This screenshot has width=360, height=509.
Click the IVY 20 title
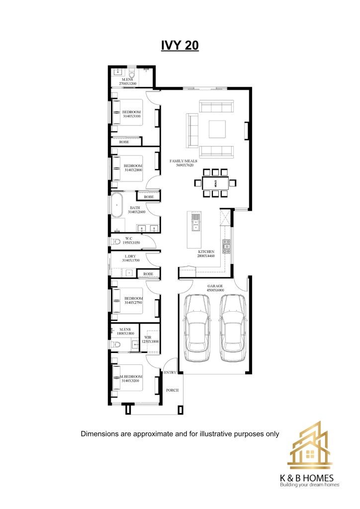coord(180,45)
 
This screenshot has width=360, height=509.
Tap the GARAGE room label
coord(215,286)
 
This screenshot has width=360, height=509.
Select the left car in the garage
coord(197,328)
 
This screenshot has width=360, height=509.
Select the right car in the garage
coord(232,328)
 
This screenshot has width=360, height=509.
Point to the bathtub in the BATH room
coord(116,205)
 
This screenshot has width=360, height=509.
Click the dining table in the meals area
coord(215,183)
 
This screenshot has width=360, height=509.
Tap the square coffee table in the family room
coord(217,129)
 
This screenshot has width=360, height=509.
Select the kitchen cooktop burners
coord(226,246)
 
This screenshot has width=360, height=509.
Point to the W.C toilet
coord(116,242)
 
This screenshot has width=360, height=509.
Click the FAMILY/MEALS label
coord(183,161)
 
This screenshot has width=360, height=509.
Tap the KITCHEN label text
coord(206,252)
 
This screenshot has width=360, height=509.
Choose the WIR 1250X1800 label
coord(150,339)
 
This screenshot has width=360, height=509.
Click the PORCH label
coord(173,390)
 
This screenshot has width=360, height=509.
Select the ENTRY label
coord(170,372)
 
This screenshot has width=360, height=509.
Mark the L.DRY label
coord(130,256)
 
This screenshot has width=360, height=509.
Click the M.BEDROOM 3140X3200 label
coord(131,378)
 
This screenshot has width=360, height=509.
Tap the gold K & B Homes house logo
coord(309,445)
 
